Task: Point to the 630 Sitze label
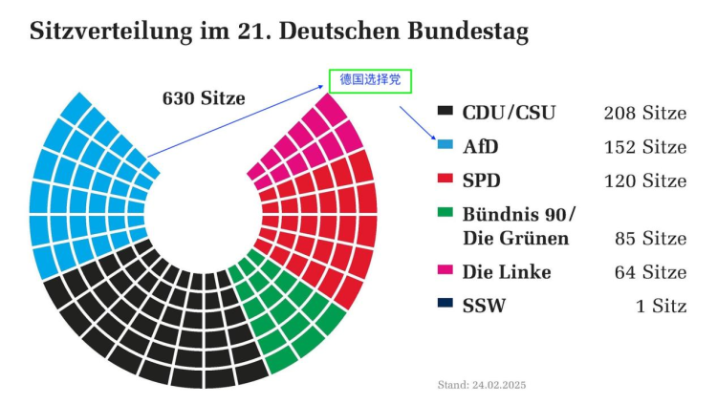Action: pyautogui.click(x=204, y=97)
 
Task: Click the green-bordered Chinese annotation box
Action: pyautogui.click(x=370, y=80)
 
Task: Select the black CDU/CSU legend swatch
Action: pyautogui.click(x=445, y=112)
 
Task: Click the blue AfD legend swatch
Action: pyautogui.click(x=445, y=146)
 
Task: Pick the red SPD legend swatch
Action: pyautogui.click(x=445, y=180)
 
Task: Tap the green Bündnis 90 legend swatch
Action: pyautogui.click(x=445, y=214)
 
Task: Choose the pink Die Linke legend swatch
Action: pyautogui.click(x=445, y=271)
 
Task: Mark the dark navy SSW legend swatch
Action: pyautogui.click(x=445, y=306)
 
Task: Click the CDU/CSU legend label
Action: pyautogui.click(x=509, y=113)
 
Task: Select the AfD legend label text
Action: pyautogui.click(x=481, y=147)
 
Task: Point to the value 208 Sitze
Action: pyautogui.click(x=644, y=113)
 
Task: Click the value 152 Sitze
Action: pyautogui.click(x=644, y=147)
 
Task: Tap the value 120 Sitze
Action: pyautogui.click(x=644, y=181)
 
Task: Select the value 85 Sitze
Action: pyautogui.click(x=650, y=238)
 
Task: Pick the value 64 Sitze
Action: pyautogui.click(x=650, y=272)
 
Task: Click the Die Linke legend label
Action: pyautogui.click(x=507, y=272)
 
